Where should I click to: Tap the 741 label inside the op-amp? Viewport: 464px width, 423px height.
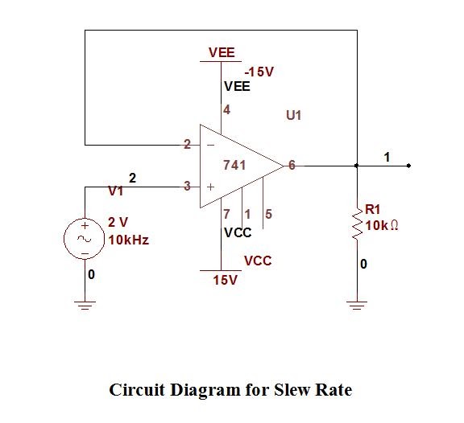234,165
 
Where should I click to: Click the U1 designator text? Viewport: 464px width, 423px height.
293,116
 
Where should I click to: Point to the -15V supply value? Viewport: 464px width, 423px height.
259,72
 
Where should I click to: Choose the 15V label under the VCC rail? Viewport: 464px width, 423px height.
225,280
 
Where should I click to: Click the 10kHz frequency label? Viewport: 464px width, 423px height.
128,240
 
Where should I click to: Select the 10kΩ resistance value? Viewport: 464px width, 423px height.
383,225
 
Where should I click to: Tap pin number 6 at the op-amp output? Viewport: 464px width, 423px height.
292,165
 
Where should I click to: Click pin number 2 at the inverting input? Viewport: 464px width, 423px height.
187,145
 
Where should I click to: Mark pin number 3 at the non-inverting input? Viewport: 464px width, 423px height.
187,186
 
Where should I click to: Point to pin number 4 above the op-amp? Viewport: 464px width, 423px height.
227,110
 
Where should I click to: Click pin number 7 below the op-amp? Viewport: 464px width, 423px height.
227,214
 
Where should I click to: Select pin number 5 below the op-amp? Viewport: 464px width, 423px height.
268,214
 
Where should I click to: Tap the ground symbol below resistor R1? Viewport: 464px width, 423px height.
357,304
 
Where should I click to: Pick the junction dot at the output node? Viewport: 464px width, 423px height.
357,166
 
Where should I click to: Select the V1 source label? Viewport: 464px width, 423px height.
116,191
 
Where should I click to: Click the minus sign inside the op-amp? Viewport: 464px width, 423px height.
210,146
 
